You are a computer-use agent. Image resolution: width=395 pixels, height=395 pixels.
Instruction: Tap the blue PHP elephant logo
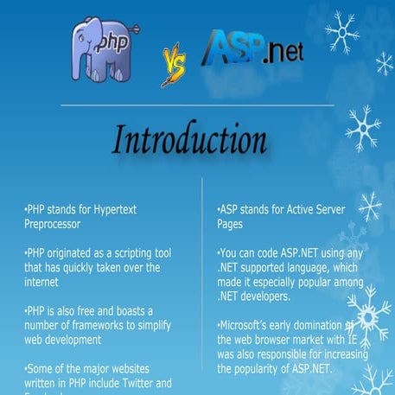tap(105, 49)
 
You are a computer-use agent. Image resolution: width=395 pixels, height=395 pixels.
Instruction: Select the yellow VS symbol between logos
tap(172, 66)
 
